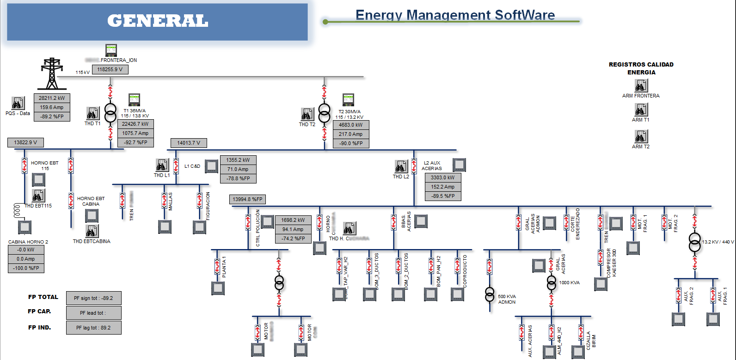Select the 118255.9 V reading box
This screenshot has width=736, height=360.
pyautogui.click(x=110, y=69)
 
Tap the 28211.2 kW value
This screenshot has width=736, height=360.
pyautogui.click(x=52, y=98)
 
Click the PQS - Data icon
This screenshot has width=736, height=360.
pyautogui.click(x=18, y=103)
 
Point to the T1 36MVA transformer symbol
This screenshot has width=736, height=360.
pyautogui.click(x=110, y=113)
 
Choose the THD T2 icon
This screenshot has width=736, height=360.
pyautogui.click(x=307, y=114)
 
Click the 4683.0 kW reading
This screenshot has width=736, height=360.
pyautogui.click(x=351, y=125)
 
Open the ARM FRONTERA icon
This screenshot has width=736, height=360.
pyautogui.click(x=641, y=85)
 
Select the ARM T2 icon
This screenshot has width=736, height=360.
pyautogui.click(x=641, y=136)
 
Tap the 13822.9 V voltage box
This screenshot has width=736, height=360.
pyautogui.click(x=25, y=142)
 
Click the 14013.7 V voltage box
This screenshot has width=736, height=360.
pyautogui.click(x=189, y=143)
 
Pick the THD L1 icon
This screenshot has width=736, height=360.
pyautogui.click(x=162, y=165)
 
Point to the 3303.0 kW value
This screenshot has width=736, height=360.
pyautogui.click(x=443, y=177)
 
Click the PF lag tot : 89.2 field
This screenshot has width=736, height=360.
pyautogui.click(x=93, y=328)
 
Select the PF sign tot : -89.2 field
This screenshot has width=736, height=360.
pyautogui.click(x=93, y=298)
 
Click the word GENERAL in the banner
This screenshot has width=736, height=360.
pyautogui.click(x=158, y=21)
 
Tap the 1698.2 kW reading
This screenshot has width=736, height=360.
pyautogui.click(x=293, y=220)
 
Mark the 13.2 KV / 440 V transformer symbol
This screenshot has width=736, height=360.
pyautogui.click(x=694, y=242)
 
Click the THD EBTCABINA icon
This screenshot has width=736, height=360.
pyautogui.click(x=92, y=231)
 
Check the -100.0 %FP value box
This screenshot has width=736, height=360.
pyautogui.click(x=26, y=268)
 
